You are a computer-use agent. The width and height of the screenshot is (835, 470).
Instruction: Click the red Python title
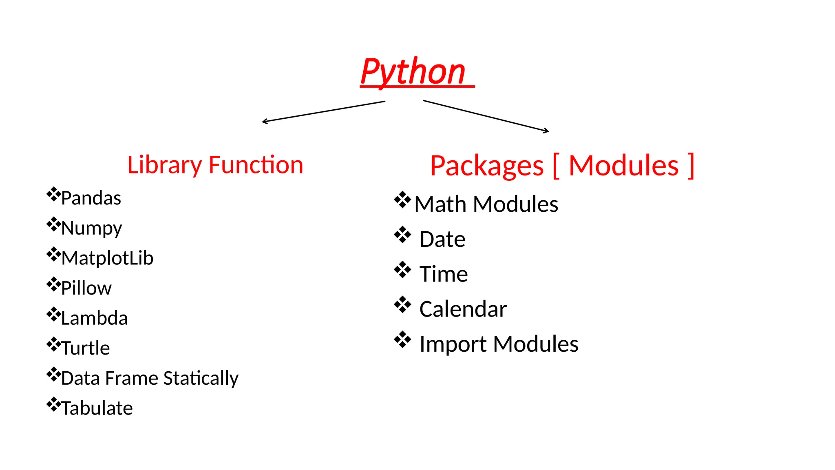(413, 72)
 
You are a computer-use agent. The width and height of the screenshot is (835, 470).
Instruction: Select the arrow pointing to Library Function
(323, 111)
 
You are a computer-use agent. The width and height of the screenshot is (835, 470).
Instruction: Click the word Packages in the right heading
(487, 166)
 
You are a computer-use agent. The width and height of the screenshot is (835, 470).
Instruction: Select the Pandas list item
(91, 198)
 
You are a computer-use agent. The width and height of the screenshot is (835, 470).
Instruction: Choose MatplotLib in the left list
(107, 258)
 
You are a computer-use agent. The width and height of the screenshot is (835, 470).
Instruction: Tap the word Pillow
(86, 288)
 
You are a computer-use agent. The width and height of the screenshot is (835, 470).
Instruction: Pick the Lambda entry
(94, 318)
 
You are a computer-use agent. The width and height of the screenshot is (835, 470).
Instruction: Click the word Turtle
(86, 348)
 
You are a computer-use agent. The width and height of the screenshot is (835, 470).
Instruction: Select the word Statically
(201, 378)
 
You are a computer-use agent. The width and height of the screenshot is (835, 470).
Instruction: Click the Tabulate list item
(97, 408)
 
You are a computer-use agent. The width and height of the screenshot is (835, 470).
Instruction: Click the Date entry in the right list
(442, 239)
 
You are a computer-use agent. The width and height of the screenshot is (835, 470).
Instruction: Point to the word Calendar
(463, 309)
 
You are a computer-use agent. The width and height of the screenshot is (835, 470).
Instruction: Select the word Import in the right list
(453, 344)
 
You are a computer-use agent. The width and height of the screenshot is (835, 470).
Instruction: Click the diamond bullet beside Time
(402, 270)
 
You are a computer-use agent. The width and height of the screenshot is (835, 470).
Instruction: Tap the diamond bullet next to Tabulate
(53, 404)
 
